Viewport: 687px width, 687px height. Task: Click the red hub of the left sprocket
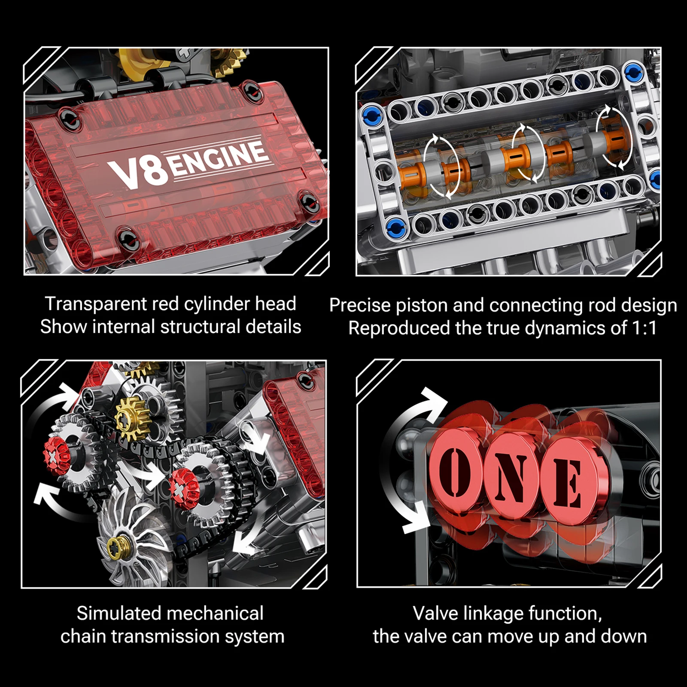click(x=56, y=456)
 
